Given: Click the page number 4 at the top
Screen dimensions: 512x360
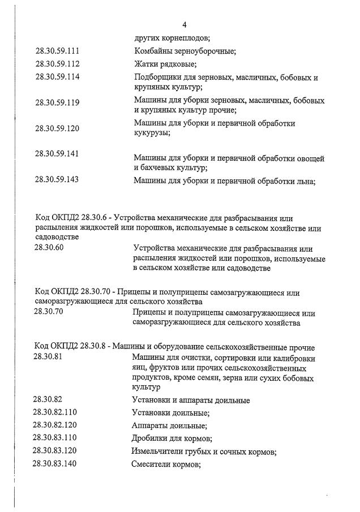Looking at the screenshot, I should [185, 24].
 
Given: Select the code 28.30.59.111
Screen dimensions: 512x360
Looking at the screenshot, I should [57, 51].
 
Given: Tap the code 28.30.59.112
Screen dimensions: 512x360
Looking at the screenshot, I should [57, 64].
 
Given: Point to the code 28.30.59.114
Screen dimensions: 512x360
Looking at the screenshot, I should [57, 78].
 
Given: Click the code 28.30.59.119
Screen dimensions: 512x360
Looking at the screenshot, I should [57, 102].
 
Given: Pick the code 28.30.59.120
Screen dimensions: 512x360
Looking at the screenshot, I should [57, 128].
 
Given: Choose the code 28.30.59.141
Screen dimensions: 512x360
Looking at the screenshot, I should [57, 153].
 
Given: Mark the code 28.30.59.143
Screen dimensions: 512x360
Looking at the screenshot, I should [57, 180].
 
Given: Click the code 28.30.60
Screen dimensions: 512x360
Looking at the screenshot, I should [49, 247].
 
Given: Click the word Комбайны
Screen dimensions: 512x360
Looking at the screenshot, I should [152, 51].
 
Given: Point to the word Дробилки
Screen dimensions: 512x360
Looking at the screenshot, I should [150, 438].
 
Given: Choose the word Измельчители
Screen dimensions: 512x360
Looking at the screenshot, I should [158, 451].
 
